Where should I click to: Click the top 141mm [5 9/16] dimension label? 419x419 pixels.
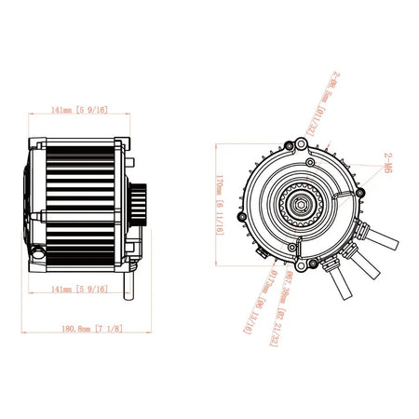click(x=80, y=110)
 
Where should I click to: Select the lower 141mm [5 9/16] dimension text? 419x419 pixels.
click(x=80, y=290)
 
